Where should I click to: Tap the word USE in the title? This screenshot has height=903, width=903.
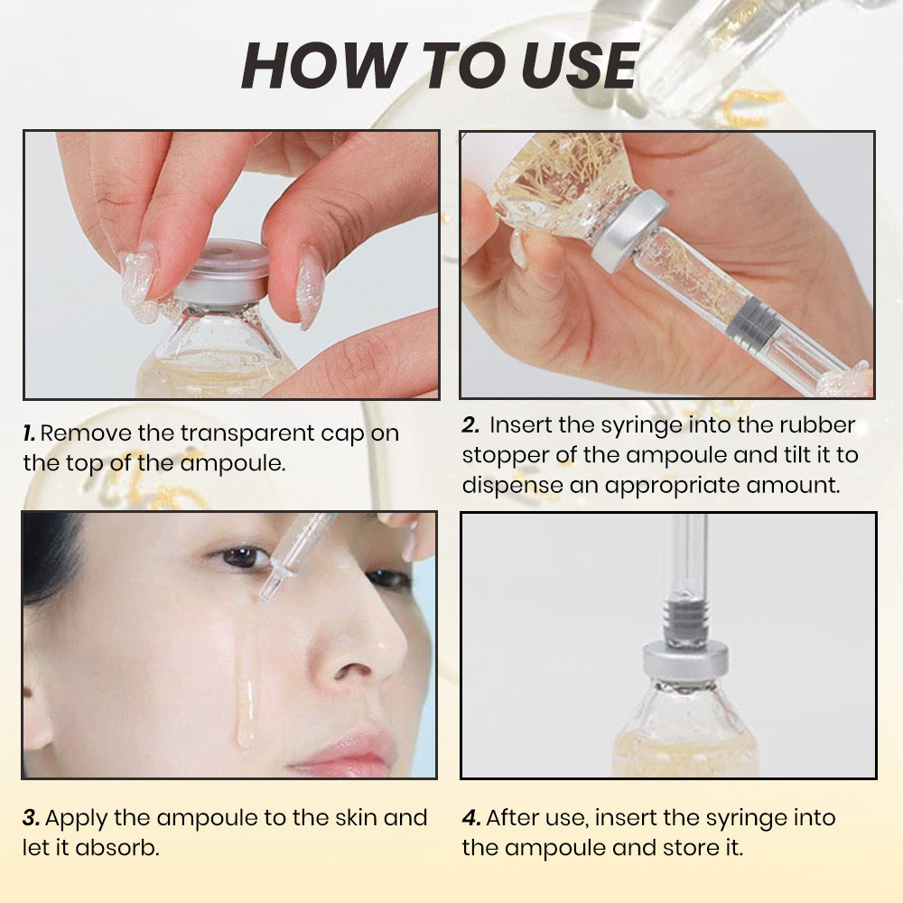point(573,65)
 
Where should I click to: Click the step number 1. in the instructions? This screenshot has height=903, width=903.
point(30,433)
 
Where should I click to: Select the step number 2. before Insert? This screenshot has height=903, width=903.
point(470,425)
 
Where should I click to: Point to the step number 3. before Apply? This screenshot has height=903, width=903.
point(31,818)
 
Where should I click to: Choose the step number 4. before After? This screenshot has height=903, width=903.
point(470,818)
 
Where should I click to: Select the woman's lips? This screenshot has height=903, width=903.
point(348,751)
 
